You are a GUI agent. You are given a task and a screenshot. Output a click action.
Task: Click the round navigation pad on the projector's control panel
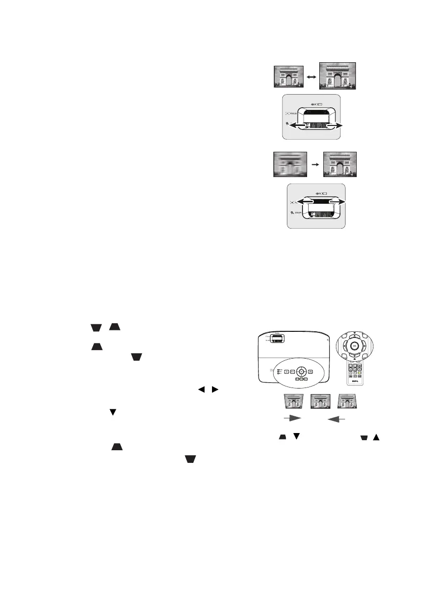point(301,372)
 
